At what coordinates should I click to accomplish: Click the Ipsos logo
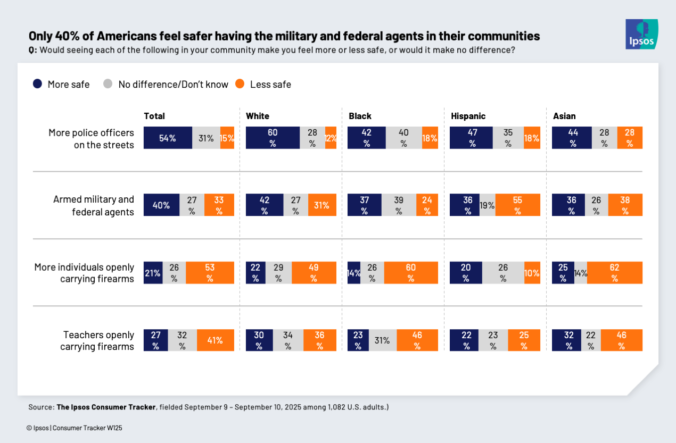pyautogui.click(x=641, y=34)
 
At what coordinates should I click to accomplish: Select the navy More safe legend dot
pyautogui.click(x=37, y=84)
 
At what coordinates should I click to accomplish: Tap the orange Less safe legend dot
pyautogui.click(x=240, y=84)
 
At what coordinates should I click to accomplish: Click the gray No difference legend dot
pyautogui.click(x=108, y=84)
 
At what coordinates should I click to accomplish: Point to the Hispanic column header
pyautogui.click(x=468, y=116)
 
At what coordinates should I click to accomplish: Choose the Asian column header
pyautogui.click(x=564, y=116)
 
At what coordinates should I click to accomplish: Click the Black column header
pyautogui.click(x=360, y=116)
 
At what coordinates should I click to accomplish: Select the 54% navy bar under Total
pyautogui.click(x=168, y=138)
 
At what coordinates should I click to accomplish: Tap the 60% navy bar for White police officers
pyautogui.click(x=273, y=138)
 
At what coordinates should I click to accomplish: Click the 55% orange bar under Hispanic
pyautogui.click(x=517, y=205)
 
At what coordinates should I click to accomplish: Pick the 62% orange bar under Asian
pyautogui.click(x=614, y=272)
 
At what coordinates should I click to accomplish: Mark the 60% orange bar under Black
pyautogui.click(x=410, y=272)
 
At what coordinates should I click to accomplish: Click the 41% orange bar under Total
pyautogui.click(x=215, y=340)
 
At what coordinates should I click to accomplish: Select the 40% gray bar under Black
pyautogui.click(x=403, y=138)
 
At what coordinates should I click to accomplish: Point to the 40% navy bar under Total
pyautogui.click(x=162, y=205)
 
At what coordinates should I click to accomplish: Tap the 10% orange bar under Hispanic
pyautogui.click(x=532, y=272)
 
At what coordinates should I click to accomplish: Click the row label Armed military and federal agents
pyautogui.click(x=93, y=205)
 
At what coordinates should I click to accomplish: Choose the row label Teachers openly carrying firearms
pyautogui.click(x=97, y=340)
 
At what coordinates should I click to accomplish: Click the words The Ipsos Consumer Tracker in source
pyautogui.click(x=105, y=407)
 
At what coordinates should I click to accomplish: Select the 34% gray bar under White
pyautogui.click(x=288, y=340)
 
